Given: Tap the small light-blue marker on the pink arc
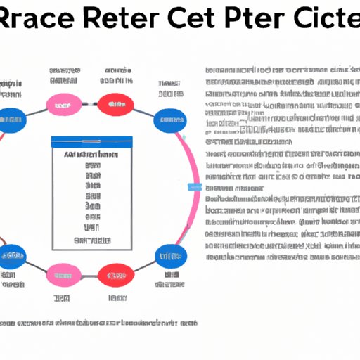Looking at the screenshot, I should tap(195, 187).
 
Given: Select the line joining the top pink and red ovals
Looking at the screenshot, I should tap(87, 105).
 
